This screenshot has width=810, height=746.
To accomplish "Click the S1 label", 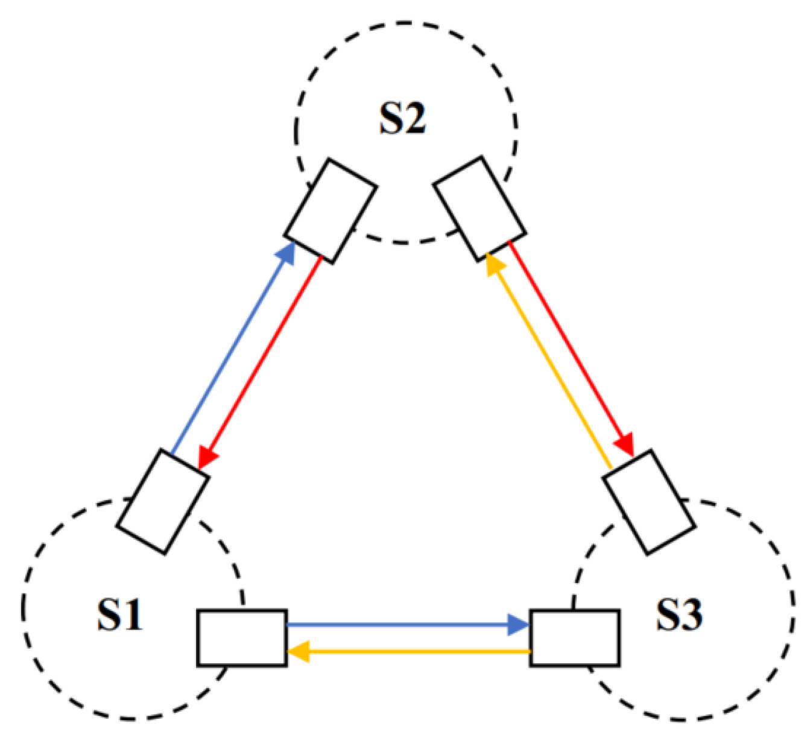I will click(120, 615).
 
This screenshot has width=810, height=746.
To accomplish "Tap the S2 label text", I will click(402, 118).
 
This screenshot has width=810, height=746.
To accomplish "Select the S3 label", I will click(679, 615).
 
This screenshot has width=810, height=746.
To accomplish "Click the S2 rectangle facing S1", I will click(331, 211).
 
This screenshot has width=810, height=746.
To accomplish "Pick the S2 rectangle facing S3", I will click(480, 209).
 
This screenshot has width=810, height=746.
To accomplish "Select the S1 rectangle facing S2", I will click(163, 501).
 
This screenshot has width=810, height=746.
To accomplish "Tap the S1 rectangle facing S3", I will click(242, 638).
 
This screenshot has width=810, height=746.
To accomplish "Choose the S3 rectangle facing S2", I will click(650, 502).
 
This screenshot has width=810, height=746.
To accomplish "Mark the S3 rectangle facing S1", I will click(575, 638).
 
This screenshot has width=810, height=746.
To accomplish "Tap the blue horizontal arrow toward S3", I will click(404, 625).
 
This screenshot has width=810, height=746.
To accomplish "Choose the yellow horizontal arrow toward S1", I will click(410, 652).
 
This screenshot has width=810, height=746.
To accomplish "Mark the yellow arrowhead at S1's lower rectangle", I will click(298, 652).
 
